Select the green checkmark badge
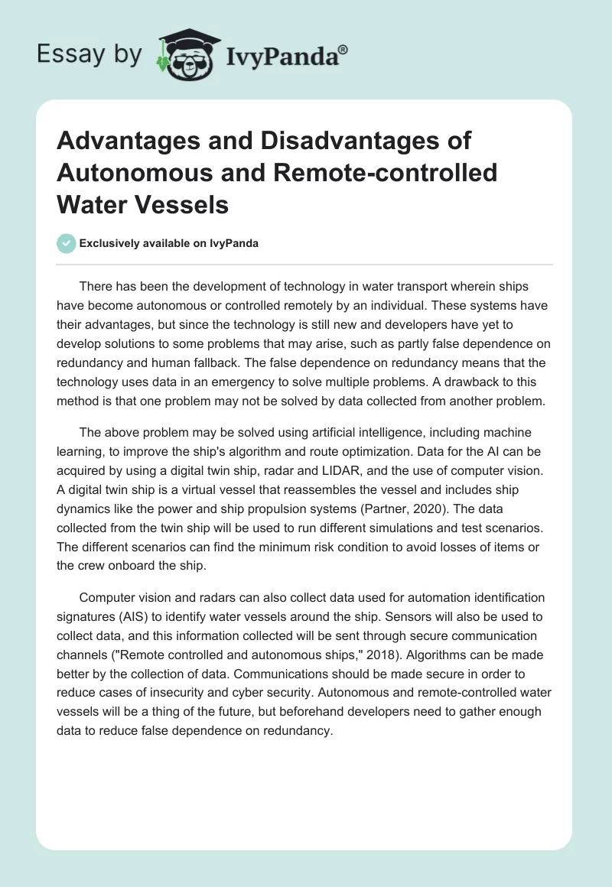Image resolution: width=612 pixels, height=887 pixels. [67, 243]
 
